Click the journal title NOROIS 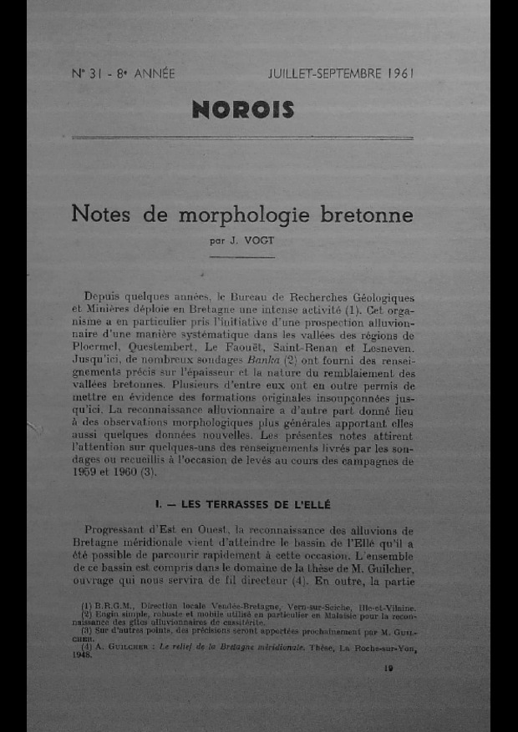pos(243,109)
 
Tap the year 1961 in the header pos(400,73)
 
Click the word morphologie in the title pos(246,215)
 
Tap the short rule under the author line pos(242,257)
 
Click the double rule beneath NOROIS pos(242,137)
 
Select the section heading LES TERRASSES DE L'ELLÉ pos(244,504)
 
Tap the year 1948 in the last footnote pos(82,655)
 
